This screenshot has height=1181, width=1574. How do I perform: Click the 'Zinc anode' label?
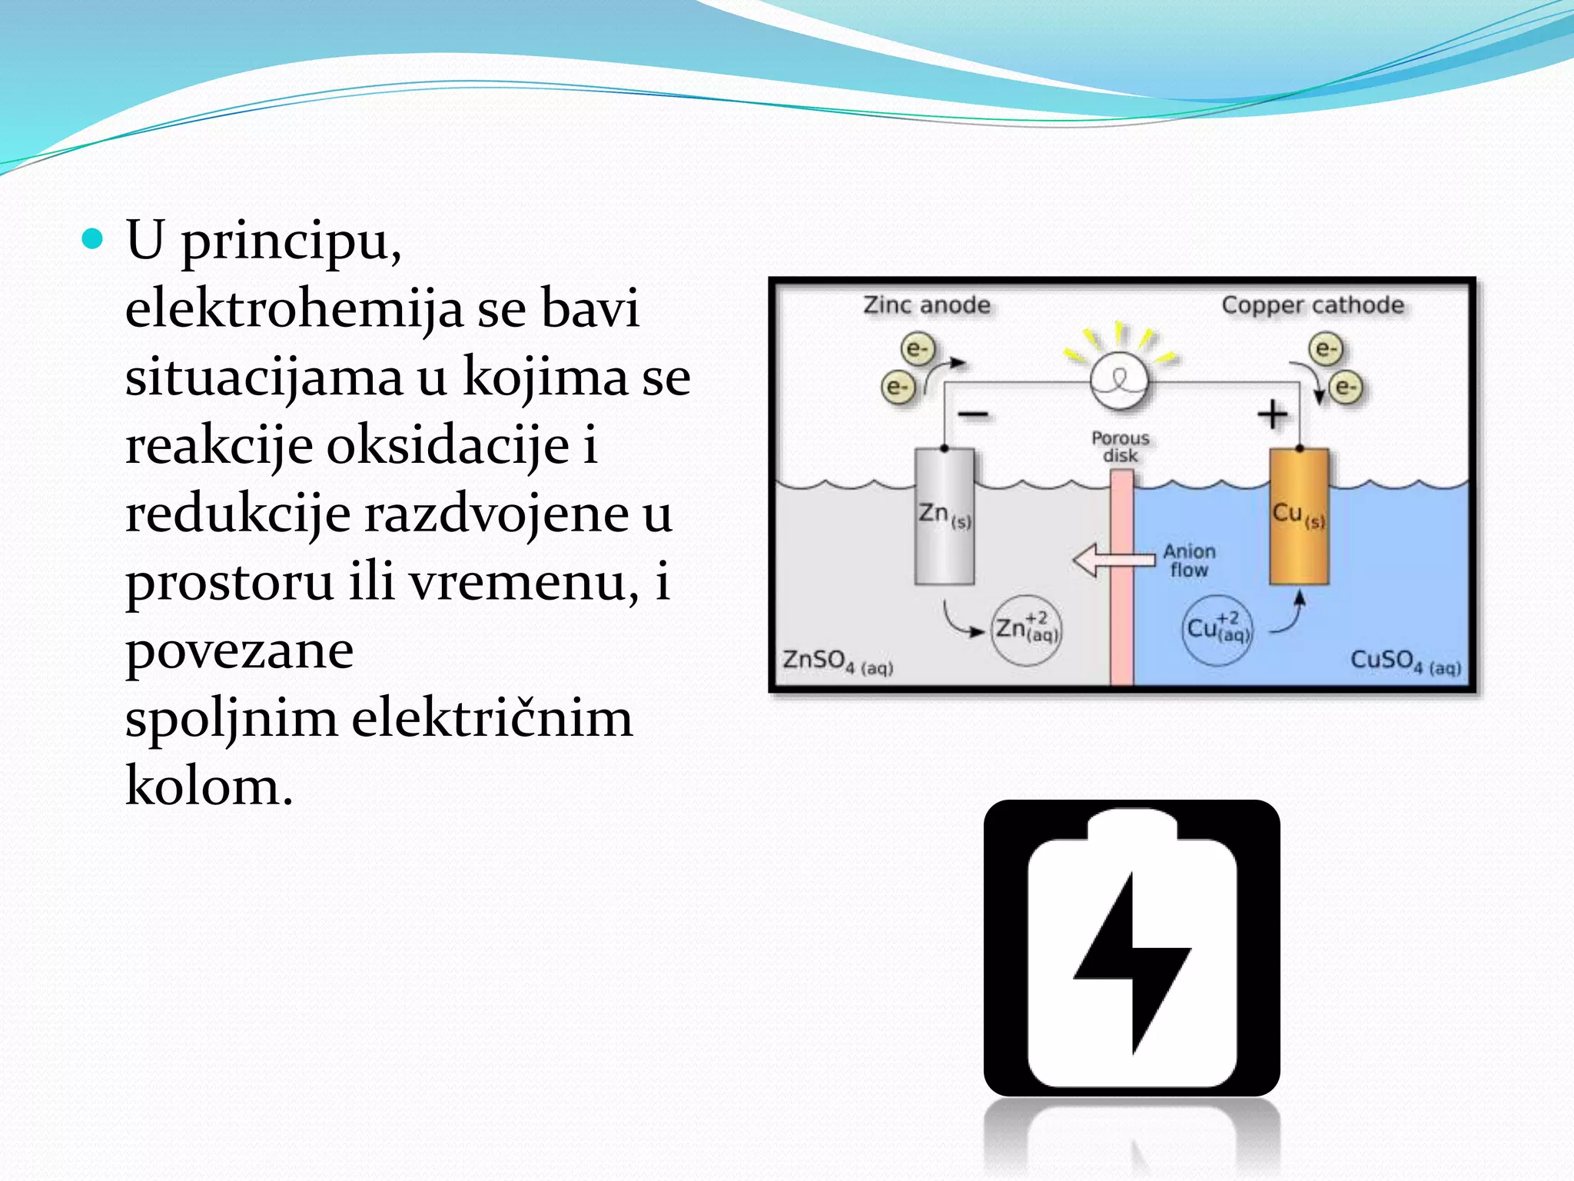click(x=926, y=305)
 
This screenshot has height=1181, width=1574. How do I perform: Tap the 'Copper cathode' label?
click(x=1312, y=305)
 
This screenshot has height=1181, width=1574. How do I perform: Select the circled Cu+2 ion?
click(x=1217, y=630)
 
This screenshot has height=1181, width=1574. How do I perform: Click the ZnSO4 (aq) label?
click(x=837, y=662)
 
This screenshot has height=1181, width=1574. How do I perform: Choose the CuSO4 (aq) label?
click(x=1405, y=662)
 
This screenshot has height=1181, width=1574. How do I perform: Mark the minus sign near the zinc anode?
click(x=972, y=415)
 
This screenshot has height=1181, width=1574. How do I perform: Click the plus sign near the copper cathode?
click(x=1272, y=414)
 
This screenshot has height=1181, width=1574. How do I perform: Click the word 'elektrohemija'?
click(x=294, y=308)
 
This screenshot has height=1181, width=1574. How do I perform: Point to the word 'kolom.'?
click(x=209, y=786)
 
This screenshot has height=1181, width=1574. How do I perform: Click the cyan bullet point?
click(x=92, y=240)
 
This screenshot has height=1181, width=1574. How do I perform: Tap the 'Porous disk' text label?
click(x=1120, y=447)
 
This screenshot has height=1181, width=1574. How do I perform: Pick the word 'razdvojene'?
click(x=496, y=514)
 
